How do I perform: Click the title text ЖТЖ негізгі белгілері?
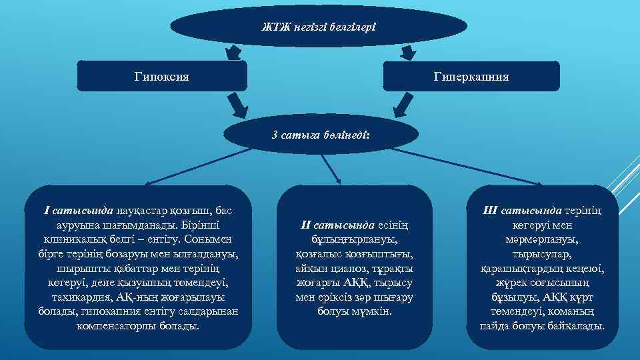[319, 27]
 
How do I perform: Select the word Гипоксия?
[162, 77]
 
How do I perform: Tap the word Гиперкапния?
[475, 77]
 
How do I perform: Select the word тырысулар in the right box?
[542, 254]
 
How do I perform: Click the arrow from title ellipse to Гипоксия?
[233, 51]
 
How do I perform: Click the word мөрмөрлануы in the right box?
[542, 239]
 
